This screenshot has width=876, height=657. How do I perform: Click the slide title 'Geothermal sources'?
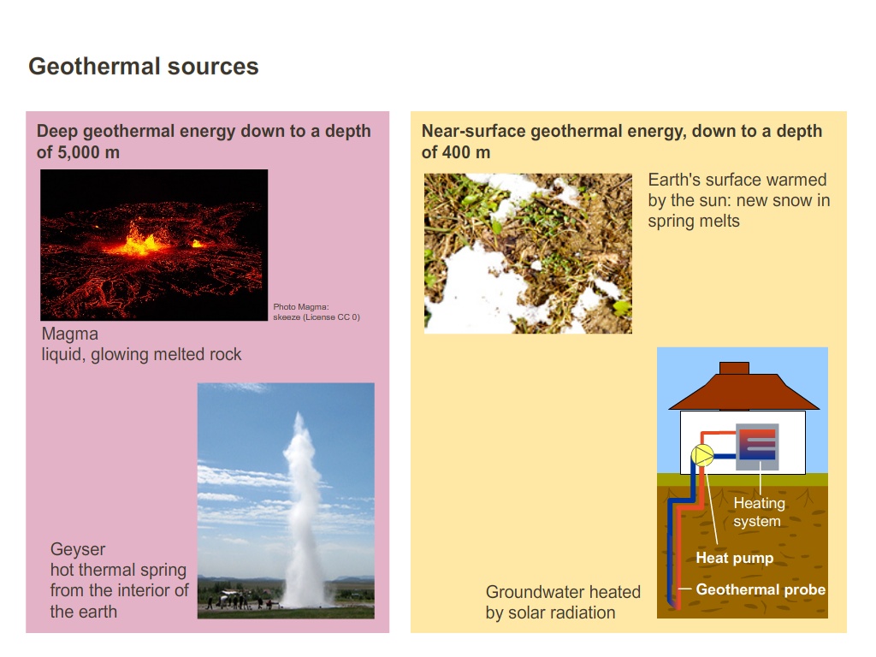pos(144,67)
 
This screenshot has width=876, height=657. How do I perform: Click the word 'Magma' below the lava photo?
pos(70,334)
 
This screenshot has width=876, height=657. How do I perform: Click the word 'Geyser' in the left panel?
pos(78,549)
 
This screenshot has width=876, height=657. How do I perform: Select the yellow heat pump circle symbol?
pos(702,456)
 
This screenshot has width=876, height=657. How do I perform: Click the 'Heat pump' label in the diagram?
pos(734,558)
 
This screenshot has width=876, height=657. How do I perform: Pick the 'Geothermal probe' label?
pos(761,589)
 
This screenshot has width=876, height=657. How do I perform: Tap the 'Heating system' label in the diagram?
pos(758,512)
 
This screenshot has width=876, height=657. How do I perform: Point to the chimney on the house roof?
pos(734,369)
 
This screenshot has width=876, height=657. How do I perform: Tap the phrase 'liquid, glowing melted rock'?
pos(142,354)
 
